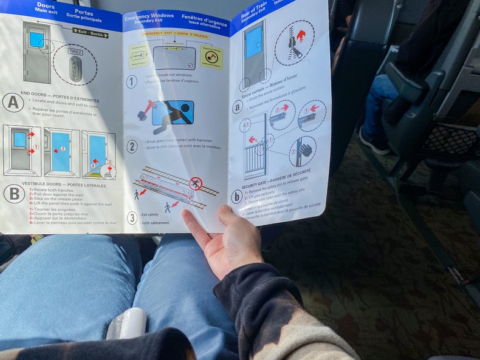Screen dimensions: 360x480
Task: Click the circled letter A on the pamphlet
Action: [13, 102]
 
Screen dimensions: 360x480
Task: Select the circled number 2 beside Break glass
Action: [132, 146]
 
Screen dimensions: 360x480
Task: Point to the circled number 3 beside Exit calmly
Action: [132, 218]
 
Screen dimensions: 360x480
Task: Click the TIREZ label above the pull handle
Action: [76, 53]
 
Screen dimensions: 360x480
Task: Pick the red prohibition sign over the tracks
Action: [195, 183]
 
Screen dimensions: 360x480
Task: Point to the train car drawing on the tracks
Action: [168, 188]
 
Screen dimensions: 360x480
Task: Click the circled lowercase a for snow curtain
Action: [238, 107]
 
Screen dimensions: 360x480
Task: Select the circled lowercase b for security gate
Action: [236, 196]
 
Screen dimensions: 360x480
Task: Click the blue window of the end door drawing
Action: [37, 40]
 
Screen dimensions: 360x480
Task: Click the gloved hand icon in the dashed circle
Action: [303, 150]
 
